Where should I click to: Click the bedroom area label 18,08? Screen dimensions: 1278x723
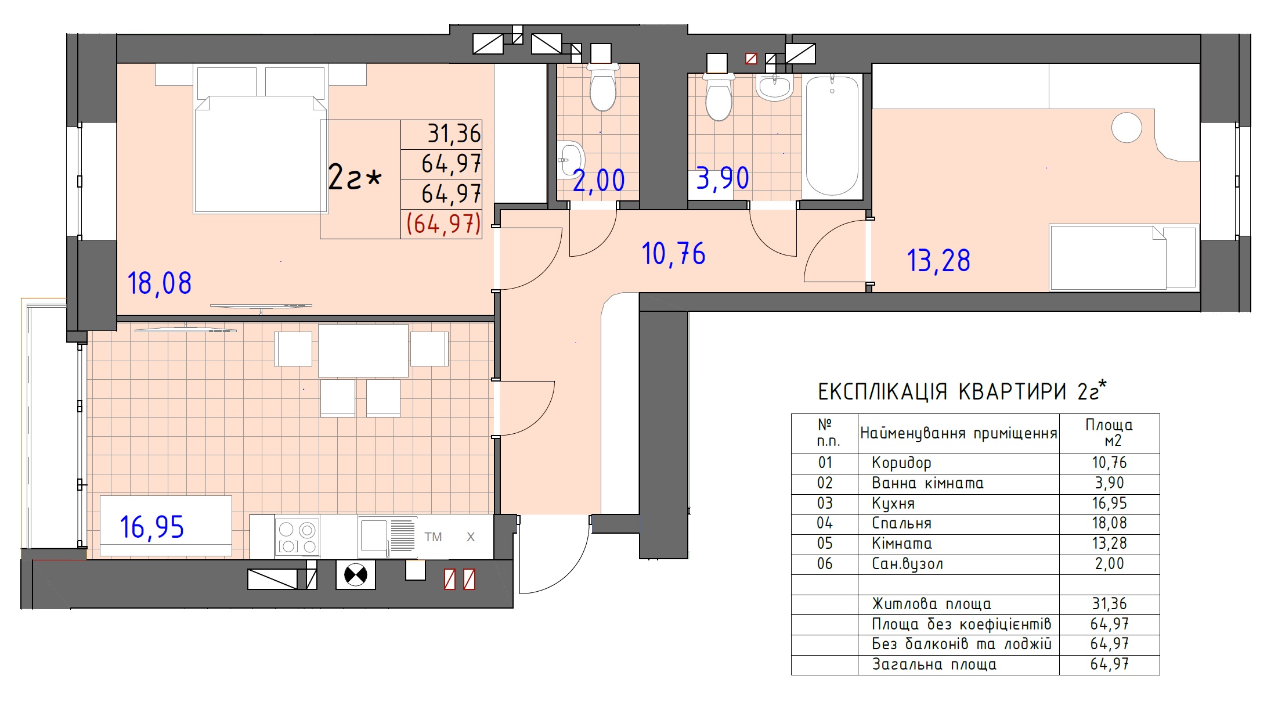[159, 284]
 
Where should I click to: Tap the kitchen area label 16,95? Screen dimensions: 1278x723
[152, 527]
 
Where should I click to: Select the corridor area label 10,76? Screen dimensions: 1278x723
[673, 254]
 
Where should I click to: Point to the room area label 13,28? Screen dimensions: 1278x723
[938, 261]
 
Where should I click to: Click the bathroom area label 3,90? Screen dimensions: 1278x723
[723, 178]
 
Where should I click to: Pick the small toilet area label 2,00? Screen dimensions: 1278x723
[599, 180]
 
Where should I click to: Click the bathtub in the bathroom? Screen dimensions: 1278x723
[832, 135]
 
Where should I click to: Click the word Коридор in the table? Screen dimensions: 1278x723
[901, 463]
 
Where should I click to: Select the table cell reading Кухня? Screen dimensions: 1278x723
[893, 503]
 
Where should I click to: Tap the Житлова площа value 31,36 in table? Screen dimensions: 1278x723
[1109, 604]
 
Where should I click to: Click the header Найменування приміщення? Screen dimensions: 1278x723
[958, 433]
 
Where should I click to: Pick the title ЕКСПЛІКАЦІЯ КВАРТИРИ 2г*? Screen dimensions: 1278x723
[962, 391]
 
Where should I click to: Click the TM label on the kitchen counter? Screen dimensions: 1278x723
[433, 537]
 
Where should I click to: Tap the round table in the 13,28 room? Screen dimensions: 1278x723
[1127, 127]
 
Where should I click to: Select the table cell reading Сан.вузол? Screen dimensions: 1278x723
[907, 564]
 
